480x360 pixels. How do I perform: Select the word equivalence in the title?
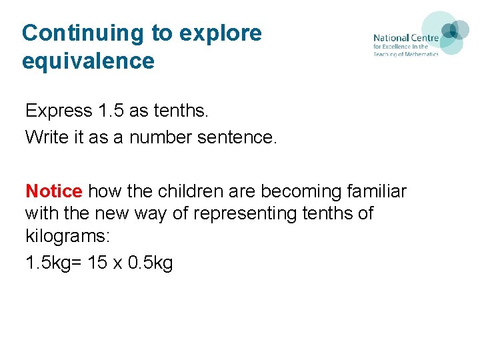click(x=88, y=61)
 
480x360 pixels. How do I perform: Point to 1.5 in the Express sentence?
click(x=111, y=111)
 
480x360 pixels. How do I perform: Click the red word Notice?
click(x=53, y=191)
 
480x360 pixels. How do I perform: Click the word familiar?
click(x=377, y=191)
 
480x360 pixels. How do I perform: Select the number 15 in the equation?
click(x=97, y=262)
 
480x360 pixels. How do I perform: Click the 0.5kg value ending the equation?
click(x=150, y=262)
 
